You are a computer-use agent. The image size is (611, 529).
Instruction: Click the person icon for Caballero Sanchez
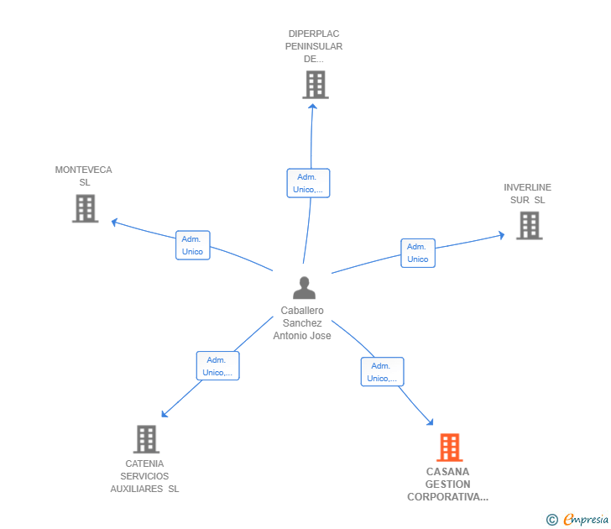pyautogui.click(x=304, y=288)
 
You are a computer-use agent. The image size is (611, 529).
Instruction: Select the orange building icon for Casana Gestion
pyautogui.click(x=450, y=448)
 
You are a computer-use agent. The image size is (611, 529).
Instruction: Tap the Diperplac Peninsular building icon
pyautogui.click(x=315, y=85)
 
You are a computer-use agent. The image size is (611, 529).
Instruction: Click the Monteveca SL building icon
pyautogui.click(x=85, y=208)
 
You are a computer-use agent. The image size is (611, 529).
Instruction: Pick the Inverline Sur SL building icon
pyautogui.click(x=529, y=225)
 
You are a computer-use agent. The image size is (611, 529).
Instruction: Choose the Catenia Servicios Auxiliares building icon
pyautogui.click(x=146, y=439)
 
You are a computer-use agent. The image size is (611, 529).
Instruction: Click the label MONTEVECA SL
pyautogui.click(x=83, y=175)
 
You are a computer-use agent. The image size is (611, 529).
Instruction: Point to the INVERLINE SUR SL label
pyautogui.click(x=527, y=193)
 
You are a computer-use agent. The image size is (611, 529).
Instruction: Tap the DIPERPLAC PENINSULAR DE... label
pyautogui.click(x=314, y=47)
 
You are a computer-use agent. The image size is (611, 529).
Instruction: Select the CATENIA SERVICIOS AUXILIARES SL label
pyautogui.click(x=144, y=476)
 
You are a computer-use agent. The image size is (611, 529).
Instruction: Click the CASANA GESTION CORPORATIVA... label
pyautogui.click(x=447, y=484)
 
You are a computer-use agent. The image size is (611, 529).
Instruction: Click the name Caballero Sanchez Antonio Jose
pyautogui.click(x=302, y=323)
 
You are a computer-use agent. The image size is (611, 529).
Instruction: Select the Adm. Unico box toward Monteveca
pyautogui.click(x=192, y=245)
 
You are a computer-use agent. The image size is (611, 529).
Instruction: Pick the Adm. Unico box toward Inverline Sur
pyautogui.click(x=418, y=253)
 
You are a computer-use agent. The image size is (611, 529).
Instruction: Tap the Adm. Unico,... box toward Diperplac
pyautogui.click(x=308, y=183)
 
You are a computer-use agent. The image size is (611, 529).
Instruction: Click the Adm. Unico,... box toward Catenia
pyautogui.click(x=218, y=366)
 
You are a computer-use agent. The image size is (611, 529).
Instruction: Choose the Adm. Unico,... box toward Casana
pyautogui.click(x=382, y=372)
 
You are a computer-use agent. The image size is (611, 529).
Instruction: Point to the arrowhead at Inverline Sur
pyautogui.click(x=501, y=236)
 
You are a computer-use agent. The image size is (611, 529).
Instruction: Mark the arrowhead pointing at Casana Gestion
pyautogui.click(x=431, y=423)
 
